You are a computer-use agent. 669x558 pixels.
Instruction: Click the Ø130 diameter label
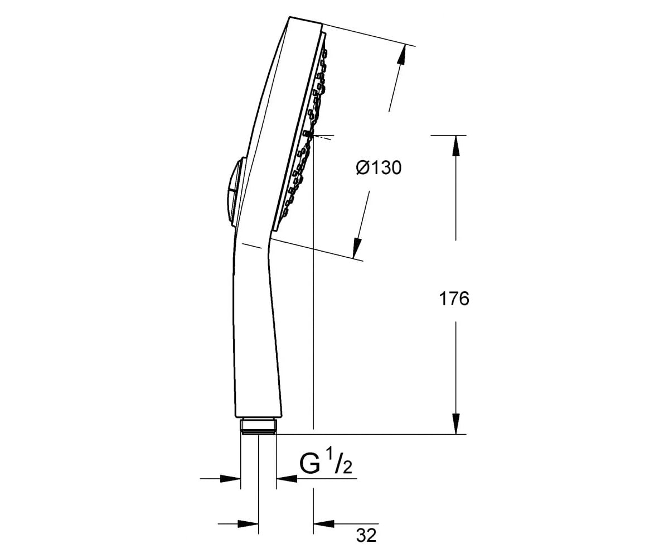(379, 168)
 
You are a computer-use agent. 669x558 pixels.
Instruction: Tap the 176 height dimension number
(454, 299)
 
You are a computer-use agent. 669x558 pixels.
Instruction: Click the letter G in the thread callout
(310, 464)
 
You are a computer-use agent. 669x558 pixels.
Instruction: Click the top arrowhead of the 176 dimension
(456, 146)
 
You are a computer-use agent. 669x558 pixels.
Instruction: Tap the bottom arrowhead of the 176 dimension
(456, 424)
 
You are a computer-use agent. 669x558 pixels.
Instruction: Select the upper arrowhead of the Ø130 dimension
(401, 56)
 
